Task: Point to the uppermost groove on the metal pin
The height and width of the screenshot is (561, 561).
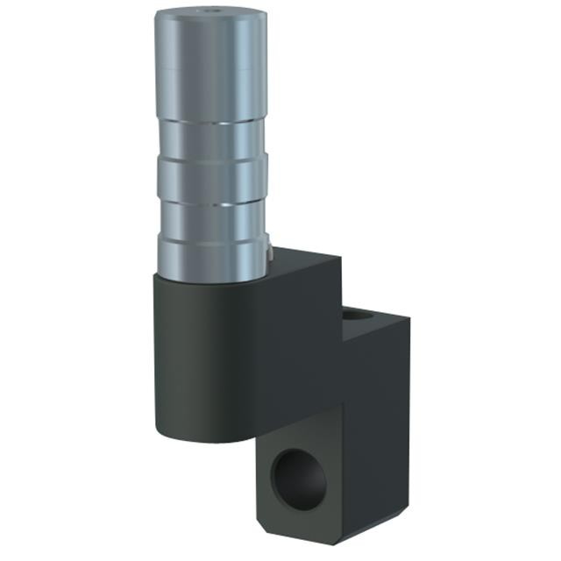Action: [210, 121]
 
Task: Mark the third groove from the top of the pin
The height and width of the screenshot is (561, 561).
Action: [210, 200]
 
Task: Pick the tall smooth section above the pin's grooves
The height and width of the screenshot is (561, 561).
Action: [210, 70]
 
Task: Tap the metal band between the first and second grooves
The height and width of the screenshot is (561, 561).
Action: [210, 139]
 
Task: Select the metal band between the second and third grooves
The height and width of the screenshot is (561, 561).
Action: [210, 179]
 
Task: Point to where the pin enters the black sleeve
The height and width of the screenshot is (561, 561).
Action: [210, 273]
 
